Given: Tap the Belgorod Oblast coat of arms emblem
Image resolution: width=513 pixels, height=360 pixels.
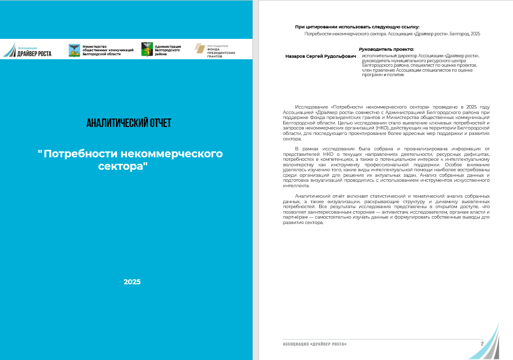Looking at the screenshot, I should point(74,50).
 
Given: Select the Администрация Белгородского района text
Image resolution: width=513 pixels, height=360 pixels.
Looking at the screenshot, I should point(168,50).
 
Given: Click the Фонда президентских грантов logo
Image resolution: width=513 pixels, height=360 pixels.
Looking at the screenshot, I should point(215,50).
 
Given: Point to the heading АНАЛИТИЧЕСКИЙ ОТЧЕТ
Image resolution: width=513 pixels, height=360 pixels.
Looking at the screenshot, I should point(128,123).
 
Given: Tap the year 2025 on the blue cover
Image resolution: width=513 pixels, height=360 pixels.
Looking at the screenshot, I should point(132,282).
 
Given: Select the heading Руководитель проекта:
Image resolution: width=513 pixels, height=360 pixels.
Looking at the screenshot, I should point(386,49).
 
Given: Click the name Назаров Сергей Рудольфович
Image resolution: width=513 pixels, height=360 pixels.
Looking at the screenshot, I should point(321,56).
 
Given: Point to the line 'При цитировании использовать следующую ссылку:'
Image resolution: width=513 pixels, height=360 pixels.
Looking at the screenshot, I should point(357,26).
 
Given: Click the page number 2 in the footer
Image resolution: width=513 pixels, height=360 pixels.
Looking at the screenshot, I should point(482,344).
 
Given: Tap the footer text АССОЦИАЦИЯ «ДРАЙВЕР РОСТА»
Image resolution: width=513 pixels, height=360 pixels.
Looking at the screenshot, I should point(314,345).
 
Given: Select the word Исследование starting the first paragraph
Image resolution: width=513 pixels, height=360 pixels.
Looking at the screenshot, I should point(311,107).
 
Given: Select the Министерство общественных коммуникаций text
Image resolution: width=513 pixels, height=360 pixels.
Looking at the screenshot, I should point(108,50).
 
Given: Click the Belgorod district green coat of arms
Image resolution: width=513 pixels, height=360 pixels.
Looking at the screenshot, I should point(147,49).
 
